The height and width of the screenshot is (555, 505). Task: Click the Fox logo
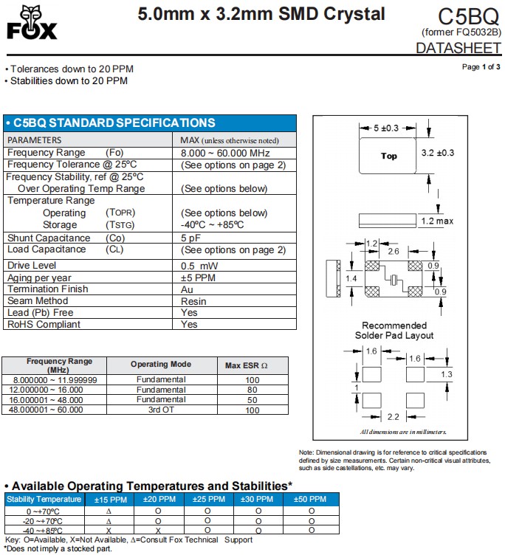tap(30, 23)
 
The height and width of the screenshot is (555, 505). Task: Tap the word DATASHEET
tap(458, 49)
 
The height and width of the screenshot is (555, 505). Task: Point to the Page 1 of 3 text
tap(481, 67)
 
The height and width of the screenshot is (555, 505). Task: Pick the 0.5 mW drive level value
tap(199, 265)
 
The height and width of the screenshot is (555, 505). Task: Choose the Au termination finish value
tap(187, 289)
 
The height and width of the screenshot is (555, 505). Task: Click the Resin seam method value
tap(193, 301)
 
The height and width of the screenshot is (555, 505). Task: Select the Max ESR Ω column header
tap(246, 365)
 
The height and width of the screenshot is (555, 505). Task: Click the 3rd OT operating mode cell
tap(160, 410)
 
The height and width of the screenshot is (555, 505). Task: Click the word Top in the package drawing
tap(388, 156)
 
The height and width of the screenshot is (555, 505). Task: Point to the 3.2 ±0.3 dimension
tap(437, 153)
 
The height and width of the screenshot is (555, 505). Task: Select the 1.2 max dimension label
tap(437, 221)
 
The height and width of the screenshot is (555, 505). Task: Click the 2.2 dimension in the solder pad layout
tap(394, 417)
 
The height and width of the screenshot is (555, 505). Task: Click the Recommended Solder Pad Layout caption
tap(394, 331)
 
